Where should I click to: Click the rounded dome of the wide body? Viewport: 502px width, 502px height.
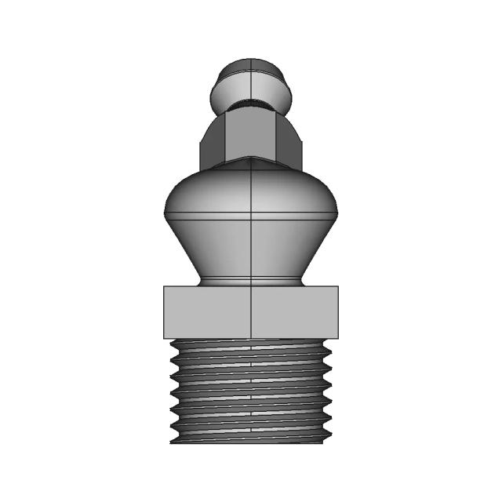[250, 188]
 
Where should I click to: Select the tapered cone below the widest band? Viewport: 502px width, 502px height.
[250, 247]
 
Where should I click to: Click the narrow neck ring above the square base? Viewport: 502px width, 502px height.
[250, 281]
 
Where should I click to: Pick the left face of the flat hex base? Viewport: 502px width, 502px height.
[207, 312]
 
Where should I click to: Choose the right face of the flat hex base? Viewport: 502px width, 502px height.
[294, 312]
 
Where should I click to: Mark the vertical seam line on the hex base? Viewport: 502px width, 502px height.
[251, 312]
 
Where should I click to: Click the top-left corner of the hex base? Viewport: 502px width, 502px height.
[165, 287]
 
